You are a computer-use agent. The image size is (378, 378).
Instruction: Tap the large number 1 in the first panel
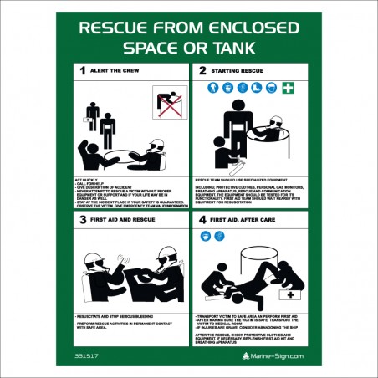pos(82,71)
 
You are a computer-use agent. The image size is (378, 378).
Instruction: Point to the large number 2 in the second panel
pos(202,71)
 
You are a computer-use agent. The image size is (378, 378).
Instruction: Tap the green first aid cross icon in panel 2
pos(288,89)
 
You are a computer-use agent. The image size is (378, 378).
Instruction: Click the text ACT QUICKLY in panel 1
pos(88,181)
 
